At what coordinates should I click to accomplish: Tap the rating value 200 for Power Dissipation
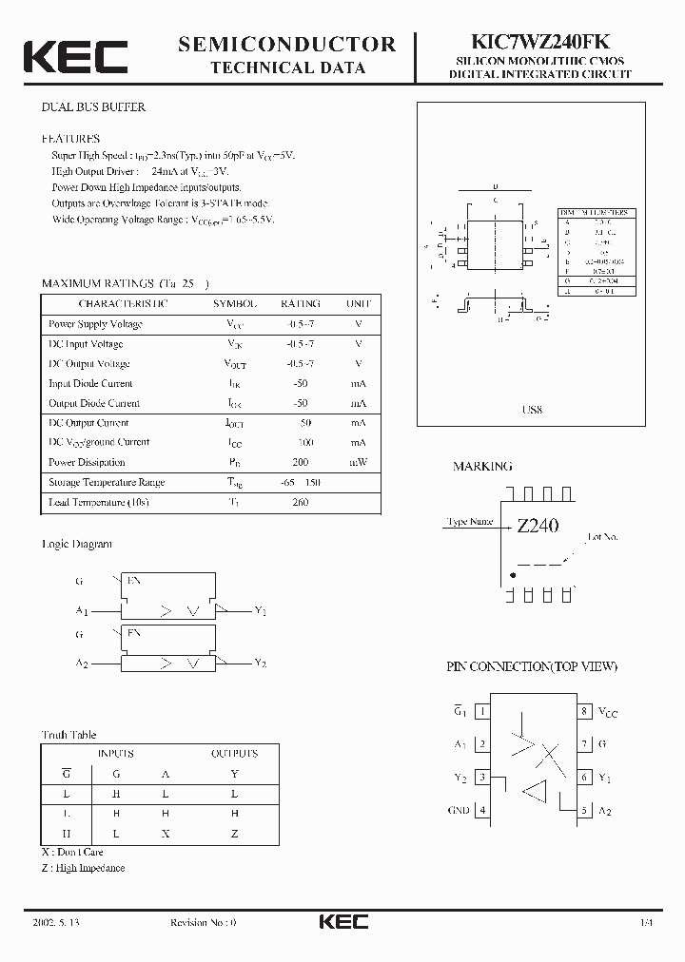[x=301, y=462]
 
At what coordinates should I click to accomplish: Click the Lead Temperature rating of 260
[x=301, y=502]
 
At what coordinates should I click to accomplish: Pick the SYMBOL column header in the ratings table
[x=234, y=303]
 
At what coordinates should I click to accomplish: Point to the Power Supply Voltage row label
[x=95, y=324]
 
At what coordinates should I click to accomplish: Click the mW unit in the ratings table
[x=359, y=462]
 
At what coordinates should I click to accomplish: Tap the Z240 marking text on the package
[x=538, y=525]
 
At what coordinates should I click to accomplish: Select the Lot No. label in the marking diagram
[x=603, y=537]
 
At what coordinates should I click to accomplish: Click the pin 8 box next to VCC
[x=584, y=711]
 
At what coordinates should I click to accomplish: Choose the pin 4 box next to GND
[x=482, y=811]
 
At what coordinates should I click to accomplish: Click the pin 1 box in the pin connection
[x=482, y=711]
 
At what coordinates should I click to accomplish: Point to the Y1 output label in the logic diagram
[x=261, y=610]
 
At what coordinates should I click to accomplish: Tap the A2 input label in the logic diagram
[x=82, y=663]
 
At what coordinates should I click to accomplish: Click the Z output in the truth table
[x=235, y=833]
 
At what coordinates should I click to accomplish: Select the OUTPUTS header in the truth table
[x=234, y=753]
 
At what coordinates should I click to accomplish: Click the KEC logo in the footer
[x=342, y=922]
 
